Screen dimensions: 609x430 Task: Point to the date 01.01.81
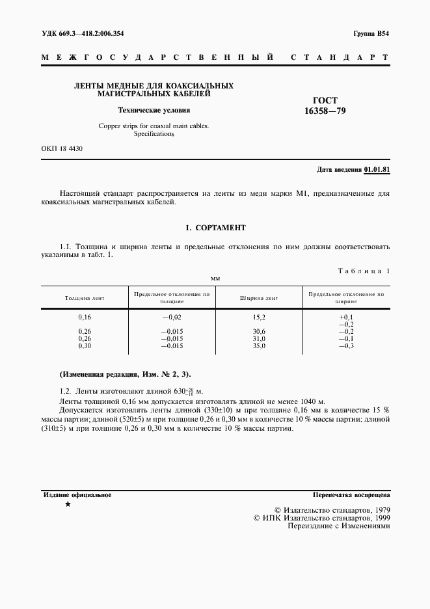[x=377, y=170]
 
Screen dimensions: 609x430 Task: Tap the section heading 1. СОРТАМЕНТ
[x=215, y=228]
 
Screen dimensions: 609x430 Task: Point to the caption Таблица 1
[x=364, y=271]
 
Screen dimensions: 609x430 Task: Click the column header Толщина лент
[x=85, y=298]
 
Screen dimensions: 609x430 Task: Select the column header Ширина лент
[x=259, y=298]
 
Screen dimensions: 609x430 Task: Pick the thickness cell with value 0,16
[x=85, y=317]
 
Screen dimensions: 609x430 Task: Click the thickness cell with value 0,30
[x=85, y=345]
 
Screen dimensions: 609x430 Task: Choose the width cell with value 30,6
[x=259, y=331]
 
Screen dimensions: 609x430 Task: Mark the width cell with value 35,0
[x=259, y=345]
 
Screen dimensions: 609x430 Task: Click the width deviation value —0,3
[x=346, y=345]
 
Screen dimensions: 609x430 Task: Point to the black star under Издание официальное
[x=68, y=505]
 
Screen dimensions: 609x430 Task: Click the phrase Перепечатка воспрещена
[x=351, y=495]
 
